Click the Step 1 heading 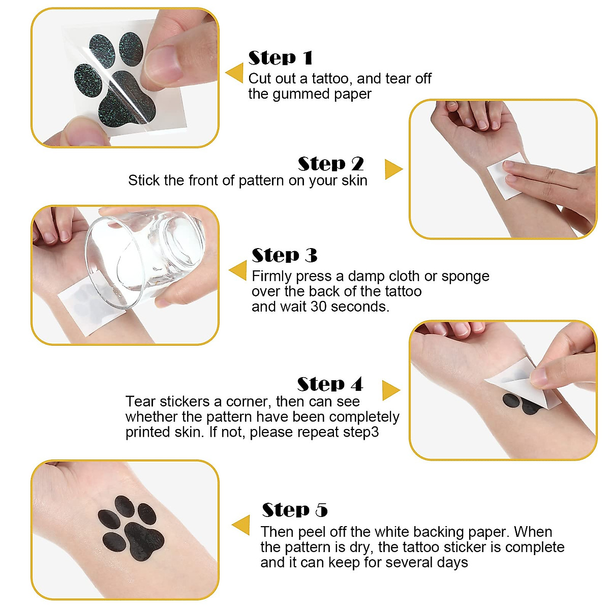280,58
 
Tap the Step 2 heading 330,164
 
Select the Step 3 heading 284,255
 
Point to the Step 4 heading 329,384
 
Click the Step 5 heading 294,510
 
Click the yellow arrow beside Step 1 235,73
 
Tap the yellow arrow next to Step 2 392,169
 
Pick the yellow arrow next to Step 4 390,390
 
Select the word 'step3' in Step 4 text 361,433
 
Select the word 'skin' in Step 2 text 354,180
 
